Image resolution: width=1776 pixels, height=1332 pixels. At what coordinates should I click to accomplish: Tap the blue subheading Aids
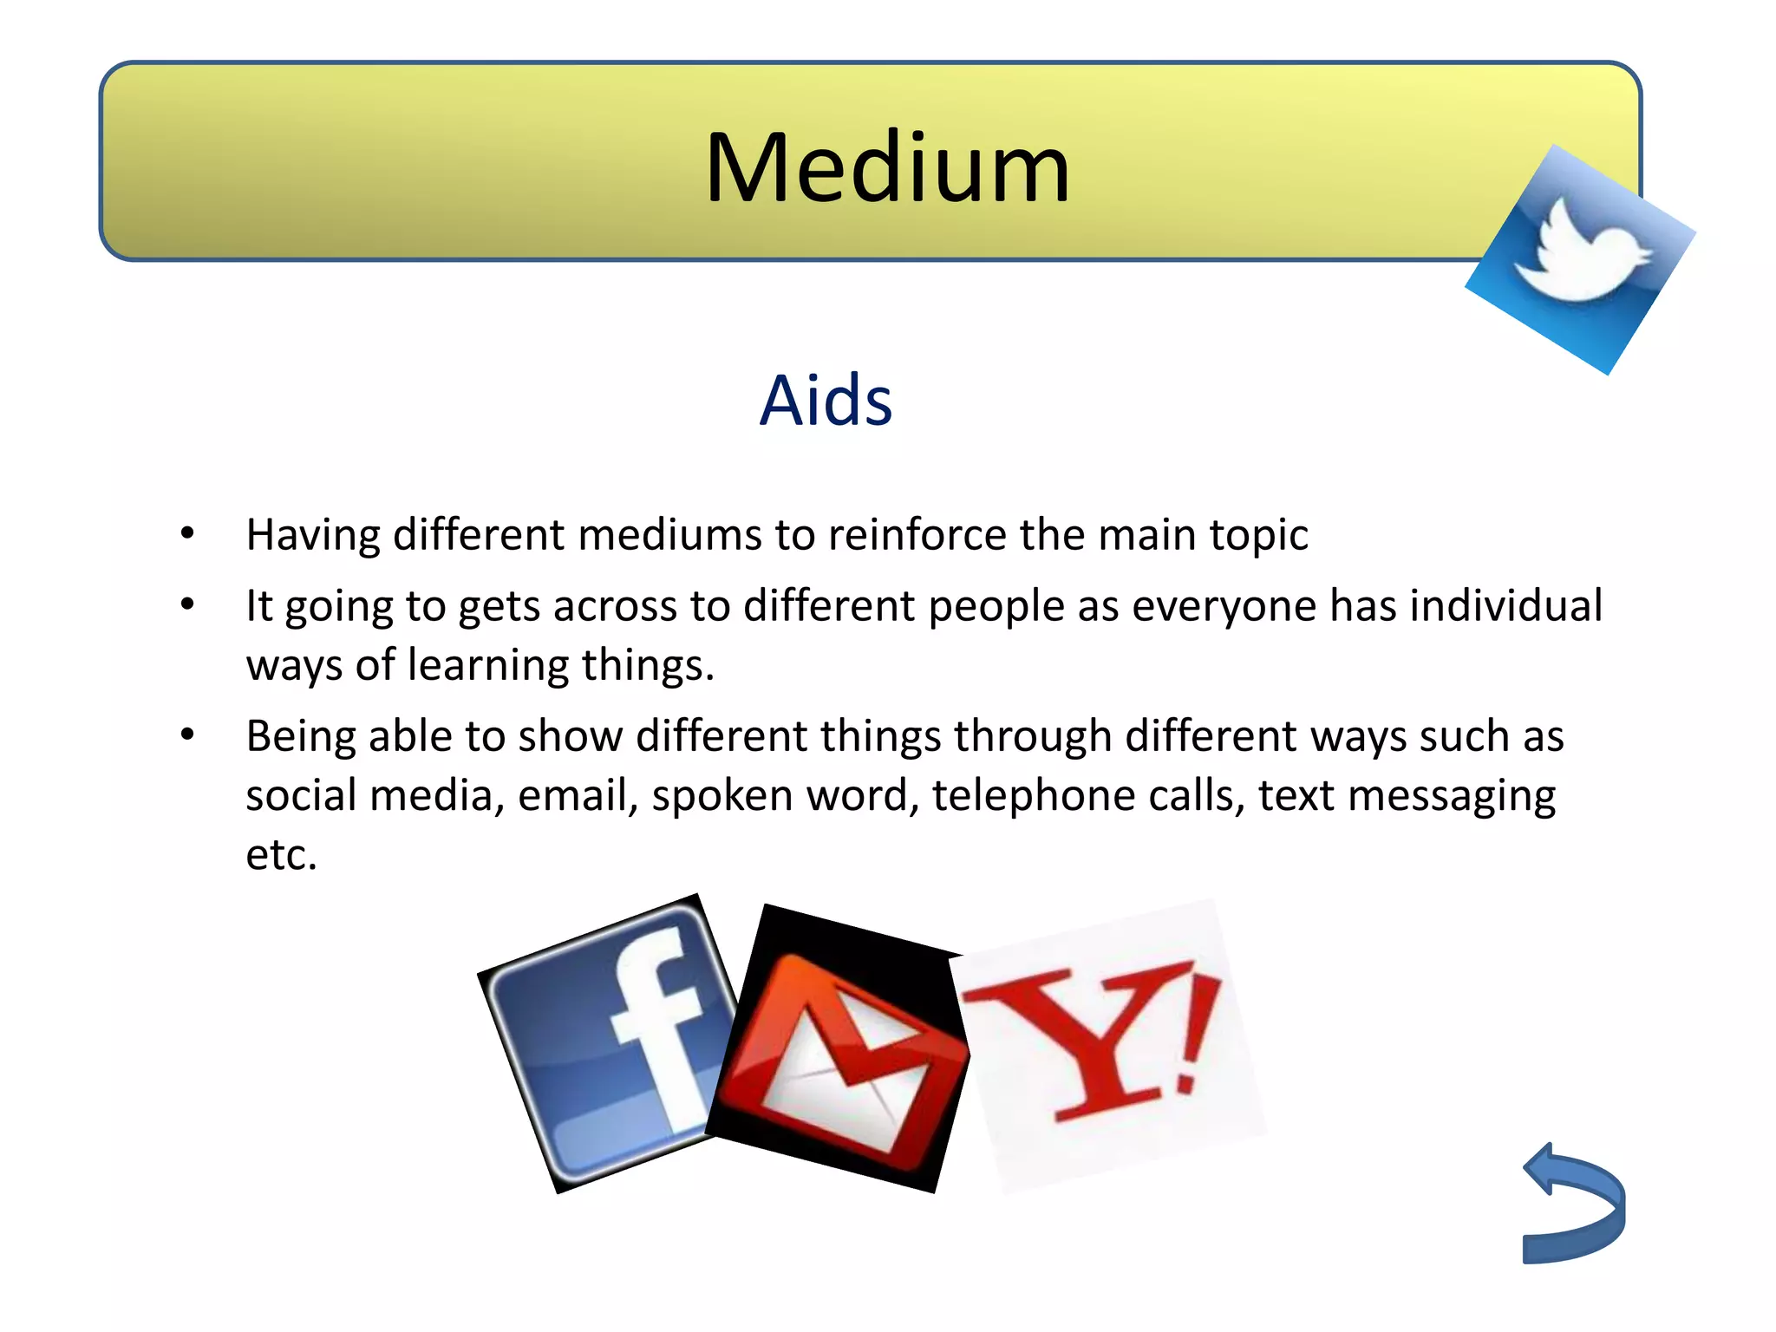(x=826, y=401)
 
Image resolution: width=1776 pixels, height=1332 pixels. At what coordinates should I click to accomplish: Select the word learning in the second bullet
(x=487, y=666)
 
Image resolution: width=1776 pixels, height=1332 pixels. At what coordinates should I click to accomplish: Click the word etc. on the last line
(x=281, y=855)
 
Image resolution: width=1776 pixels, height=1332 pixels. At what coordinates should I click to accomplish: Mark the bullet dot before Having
(x=187, y=533)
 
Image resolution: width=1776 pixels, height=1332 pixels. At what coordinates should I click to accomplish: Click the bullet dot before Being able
(x=187, y=735)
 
